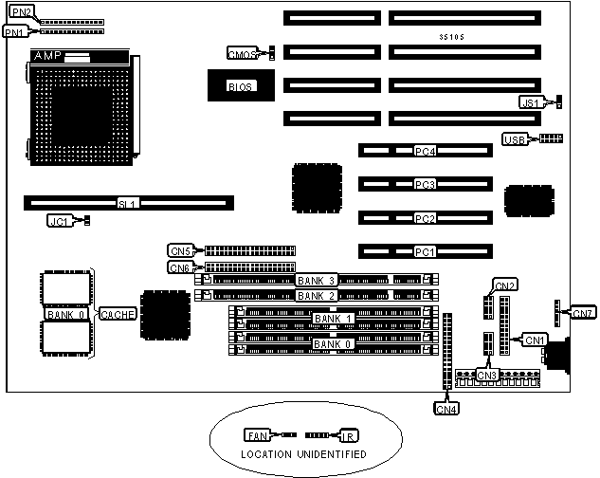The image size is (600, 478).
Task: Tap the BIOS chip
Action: (x=238, y=87)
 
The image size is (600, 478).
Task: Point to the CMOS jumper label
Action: (x=241, y=53)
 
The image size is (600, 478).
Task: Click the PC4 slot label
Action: (x=425, y=150)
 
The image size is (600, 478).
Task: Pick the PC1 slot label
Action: (x=425, y=252)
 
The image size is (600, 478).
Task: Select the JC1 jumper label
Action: (x=60, y=221)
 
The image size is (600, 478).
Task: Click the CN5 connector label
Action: (x=180, y=251)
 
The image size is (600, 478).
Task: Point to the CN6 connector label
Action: (x=180, y=267)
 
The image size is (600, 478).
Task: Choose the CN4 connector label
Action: (x=445, y=409)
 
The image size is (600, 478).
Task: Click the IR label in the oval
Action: (x=349, y=435)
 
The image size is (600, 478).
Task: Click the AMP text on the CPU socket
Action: (x=48, y=57)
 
